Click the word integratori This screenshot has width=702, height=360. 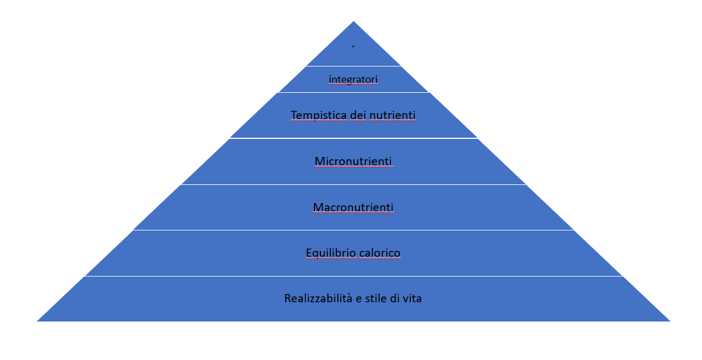pyautogui.click(x=353, y=79)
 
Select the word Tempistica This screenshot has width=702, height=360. pyautogui.click(x=319, y=116)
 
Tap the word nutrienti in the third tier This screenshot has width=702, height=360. pyautogui.click(x=392, y=116)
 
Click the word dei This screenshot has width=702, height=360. pyautogui.click(x=358, y=116)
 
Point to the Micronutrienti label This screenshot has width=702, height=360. pyautogui.click(x=353, y=162)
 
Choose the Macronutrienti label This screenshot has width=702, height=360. pyautogui.click(x=353, y=207)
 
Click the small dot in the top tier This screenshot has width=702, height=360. pyautogui.click(x=353, y=46)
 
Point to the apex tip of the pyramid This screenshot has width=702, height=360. pyautogui.click(x=354, y=22)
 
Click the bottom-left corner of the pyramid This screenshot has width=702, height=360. pyautogui.click(x=37, y=321)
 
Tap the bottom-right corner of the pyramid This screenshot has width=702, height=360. pyautogui.click(x=670, y=321)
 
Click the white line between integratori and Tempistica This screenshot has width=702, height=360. pyautogui.click(x=354, y=92)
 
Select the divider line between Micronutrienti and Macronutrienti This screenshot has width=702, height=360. pyautogui.click(x=354, y=184)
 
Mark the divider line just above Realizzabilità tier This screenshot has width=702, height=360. pyautogui.click(x=354, y=277)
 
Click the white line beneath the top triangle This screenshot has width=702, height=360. pyautogui.click(x=354, y=66)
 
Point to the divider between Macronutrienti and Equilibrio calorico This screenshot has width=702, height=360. pyautogui.click(x=354, y=230)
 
